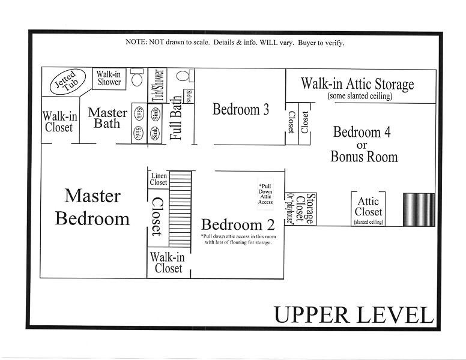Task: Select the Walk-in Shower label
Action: (x=109, y=79)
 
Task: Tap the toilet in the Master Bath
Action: (x=136, y=79)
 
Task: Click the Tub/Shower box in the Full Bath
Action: (x=157, y=85)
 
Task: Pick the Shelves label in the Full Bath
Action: (x=189, y=97)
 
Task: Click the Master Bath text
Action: (x=108, y=118)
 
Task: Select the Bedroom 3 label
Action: (x=240, y=109)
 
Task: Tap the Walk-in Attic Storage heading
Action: (x=357, y=83)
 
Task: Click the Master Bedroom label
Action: (x=92, y=207)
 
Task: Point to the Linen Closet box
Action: (x=159, y=179)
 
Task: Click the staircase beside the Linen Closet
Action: (x=180, y=208)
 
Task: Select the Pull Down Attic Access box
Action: (x=265, y=194)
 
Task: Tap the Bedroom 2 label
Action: (x=238, y=225)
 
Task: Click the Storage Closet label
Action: (x=309, y=209)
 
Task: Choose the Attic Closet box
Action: (x=368, y=208)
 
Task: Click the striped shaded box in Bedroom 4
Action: (x=419, y=209)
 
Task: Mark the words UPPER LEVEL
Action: (x=353, y=314)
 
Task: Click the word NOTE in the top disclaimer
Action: (x=135, y=43)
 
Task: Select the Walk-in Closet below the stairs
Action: (x=168, y=263)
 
